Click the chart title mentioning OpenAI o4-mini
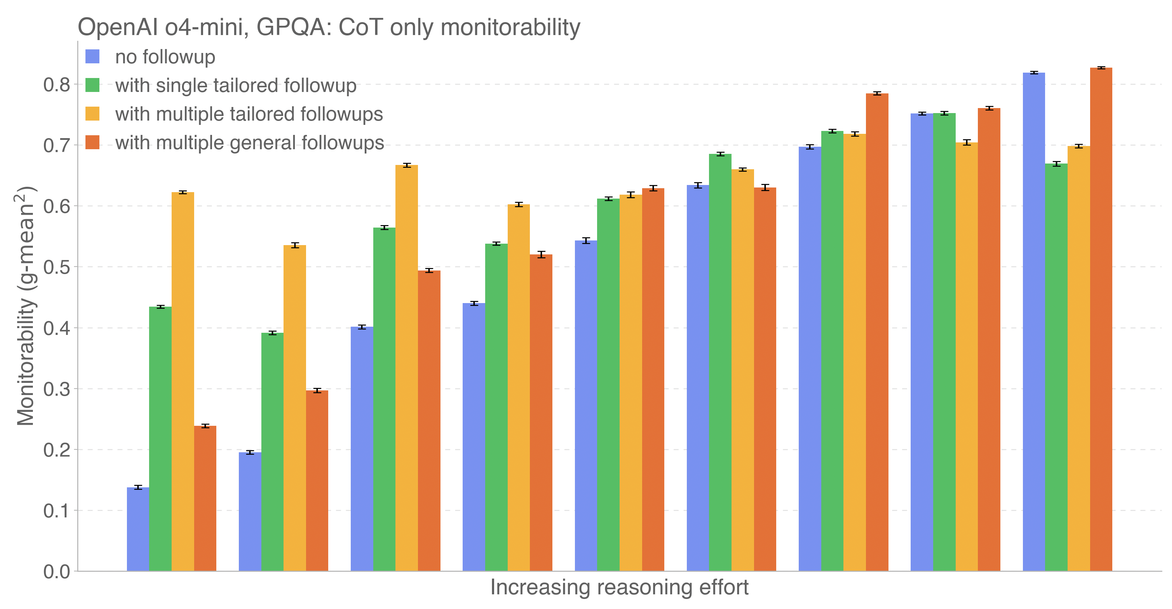tap(329, 27)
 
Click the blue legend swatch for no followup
tap(92, 57)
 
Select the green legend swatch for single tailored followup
tap(92, 85)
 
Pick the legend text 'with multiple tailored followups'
tap(249, 114)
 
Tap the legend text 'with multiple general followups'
tap(249, 142)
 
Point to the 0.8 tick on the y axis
tap(57, 85)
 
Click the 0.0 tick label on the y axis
tap(57, 572)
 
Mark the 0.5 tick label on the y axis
tap(57, 267)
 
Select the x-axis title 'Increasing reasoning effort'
tap(619, 587)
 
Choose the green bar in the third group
tap(384, 399)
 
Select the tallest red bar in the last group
tap(1101, 318)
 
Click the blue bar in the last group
tap(1034, 321)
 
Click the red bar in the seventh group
tap(877, 332)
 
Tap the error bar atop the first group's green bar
tap(160, 307)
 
